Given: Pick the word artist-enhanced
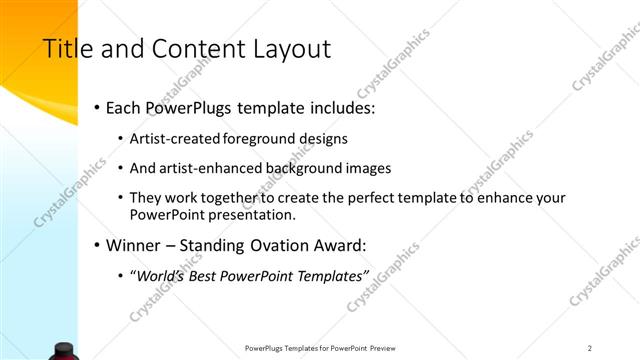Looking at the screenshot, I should (x=211, y=168).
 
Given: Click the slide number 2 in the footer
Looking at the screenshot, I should (x=590, y=348).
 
